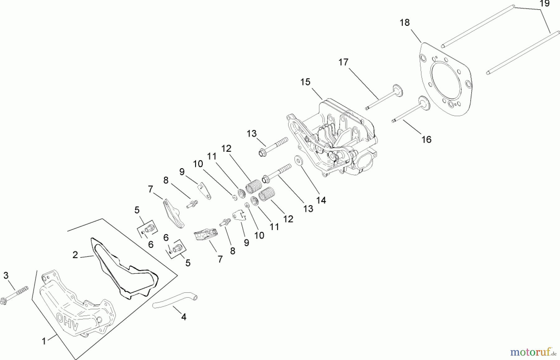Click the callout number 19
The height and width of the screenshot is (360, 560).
click(x=544, y=4)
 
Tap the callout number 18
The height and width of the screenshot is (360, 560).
click(x=405, y=23)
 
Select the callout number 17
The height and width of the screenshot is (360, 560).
click(x=343, y=62)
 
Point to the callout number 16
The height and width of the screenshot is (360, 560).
click(x=426, y=140)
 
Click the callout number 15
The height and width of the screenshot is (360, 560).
click(x=305, y=82)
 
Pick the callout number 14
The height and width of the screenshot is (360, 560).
click(x=321, y=200)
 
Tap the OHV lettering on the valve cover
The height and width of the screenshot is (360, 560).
click(x=68, y=321)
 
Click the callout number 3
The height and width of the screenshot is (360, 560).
click(x=6, y=275)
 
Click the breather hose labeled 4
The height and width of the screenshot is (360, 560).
click(x=174, y=300)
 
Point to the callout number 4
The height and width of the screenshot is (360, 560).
click(x=184, y=317)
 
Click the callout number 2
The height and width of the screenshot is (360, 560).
click(x=75, y=255)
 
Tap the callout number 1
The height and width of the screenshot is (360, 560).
click(x=44, y=341)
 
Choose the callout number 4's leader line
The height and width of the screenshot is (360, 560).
click(x=177, y=310)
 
